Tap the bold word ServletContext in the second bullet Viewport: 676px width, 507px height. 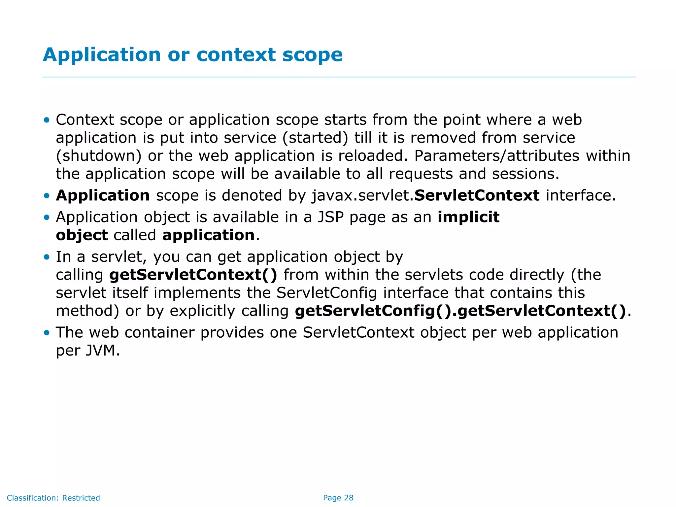coord(477,195)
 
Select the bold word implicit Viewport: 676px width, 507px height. coord(468,217)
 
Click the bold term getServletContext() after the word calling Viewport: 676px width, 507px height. coord(193,275)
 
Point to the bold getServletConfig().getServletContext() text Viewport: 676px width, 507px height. coord(460,311)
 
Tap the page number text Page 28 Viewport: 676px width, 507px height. coord(338,498)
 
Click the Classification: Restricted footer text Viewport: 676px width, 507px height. coord(53,498)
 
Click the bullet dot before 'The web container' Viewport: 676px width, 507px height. coord(47,333)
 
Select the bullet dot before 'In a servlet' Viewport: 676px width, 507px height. coord(47,257)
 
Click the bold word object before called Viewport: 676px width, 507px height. coord(82,235)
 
